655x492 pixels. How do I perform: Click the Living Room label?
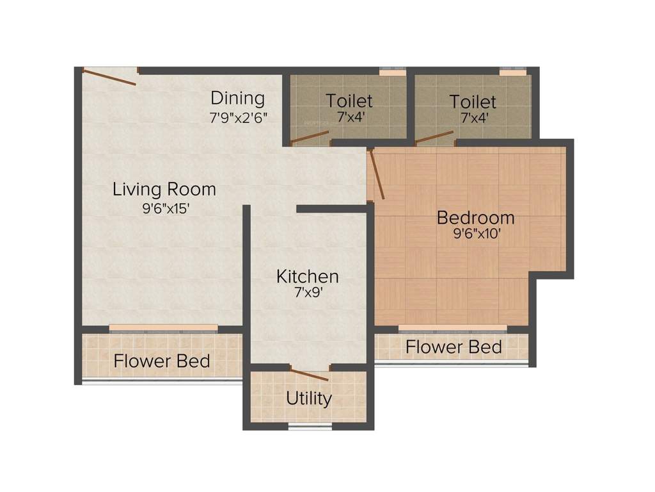(x=164, y=190)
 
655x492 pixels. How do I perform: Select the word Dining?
(x=238, y=99)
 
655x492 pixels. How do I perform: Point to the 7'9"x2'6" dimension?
(x=238, y=118)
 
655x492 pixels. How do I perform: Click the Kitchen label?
(x=307, y=277)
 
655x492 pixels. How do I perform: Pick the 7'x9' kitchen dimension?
(x=307, y=295)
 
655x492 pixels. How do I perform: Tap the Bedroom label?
(x=475, y=218)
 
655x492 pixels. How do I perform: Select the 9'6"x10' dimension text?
(x=476, y=234)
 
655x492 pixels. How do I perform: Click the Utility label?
(x=309, y=398)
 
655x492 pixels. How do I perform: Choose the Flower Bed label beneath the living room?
(x=162, y=361)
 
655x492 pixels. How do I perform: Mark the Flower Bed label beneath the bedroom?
(x=454, y=347)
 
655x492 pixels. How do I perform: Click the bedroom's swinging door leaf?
(x=377, y=174)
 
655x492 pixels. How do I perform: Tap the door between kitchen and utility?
(x=309, y=375)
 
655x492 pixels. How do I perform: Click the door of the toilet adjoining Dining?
(x=310, y=137)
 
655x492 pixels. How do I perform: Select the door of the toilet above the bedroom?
(x=434, y=137)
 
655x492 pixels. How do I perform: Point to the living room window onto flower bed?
(x=163, y=329)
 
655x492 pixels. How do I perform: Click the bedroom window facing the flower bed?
(x=453, y=329)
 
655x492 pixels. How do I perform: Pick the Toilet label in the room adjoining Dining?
(x=349, y=101)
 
